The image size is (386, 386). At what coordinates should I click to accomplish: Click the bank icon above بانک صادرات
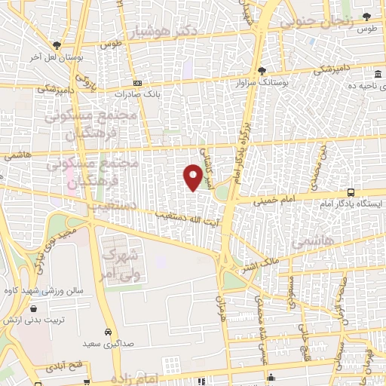click(136, 83)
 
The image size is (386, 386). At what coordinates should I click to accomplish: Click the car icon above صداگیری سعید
click(109, 331)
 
